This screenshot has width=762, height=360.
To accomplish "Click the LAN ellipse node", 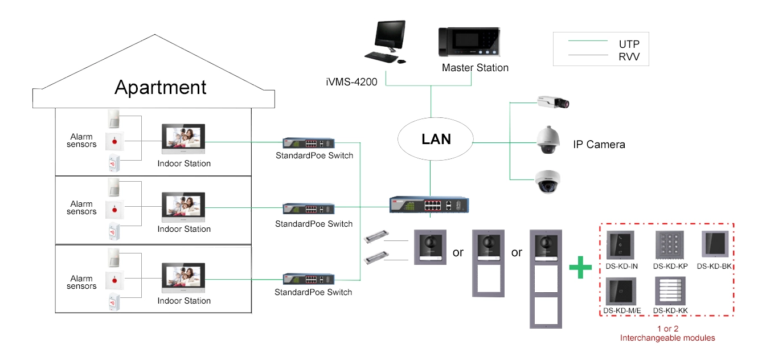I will (436, 139).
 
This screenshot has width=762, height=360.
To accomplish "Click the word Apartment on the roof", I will (160, 87).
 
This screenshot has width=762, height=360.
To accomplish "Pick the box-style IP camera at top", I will (553, 102).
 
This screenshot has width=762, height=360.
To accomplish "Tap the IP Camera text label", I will (599, 145).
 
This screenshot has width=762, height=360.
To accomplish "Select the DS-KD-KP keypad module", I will (670, 246).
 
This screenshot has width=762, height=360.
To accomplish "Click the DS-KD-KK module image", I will (670, 291).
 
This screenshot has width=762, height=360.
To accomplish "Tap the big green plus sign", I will (580, 267).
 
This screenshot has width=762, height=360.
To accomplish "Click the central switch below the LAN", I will (429, 204).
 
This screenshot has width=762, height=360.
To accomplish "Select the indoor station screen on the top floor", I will (184, 139).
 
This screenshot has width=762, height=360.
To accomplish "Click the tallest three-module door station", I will (545, 279).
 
